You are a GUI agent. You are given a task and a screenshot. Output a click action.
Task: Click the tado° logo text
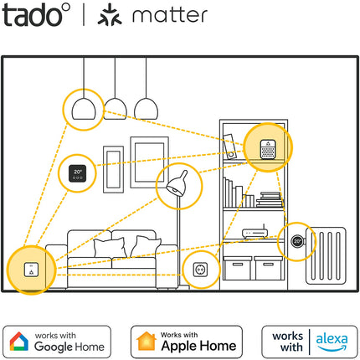tap(36, 15)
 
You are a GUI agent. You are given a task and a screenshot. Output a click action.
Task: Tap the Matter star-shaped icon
tap(110, 15)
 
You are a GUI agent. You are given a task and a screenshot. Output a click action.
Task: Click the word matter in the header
tap(170, 15)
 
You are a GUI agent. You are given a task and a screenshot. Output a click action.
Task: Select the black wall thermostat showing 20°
tap(78, 173)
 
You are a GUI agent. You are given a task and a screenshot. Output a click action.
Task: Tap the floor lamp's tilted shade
tap(177, 184)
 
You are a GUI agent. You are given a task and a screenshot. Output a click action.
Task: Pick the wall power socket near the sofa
tap(201, 270)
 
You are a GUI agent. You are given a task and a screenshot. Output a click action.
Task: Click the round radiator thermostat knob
tap(297, 241)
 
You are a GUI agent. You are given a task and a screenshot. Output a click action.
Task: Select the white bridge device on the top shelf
tap(268, 150)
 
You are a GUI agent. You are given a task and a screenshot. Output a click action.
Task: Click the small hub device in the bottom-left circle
tap(31, 270)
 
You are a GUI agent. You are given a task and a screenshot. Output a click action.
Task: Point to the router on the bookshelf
tap(255, 232)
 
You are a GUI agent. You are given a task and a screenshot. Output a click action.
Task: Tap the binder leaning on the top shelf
tap(229, 147)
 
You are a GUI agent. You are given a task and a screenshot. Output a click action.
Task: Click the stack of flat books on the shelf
tap(269, 199)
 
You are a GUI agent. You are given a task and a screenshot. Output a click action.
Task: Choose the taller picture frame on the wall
tap(150, 162)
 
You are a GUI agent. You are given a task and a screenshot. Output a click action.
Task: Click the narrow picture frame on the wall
tap(114, 169)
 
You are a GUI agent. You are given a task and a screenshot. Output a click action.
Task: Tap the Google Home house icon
tap(18, 342)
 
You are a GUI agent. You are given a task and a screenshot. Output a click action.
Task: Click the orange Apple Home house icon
tap(147, 341)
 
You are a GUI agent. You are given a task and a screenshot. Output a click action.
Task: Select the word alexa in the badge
tap(332, 339)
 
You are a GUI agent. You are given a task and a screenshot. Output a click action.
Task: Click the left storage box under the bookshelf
tap(238, 268)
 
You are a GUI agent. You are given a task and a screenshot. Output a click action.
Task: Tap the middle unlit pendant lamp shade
tap(116, 109)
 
